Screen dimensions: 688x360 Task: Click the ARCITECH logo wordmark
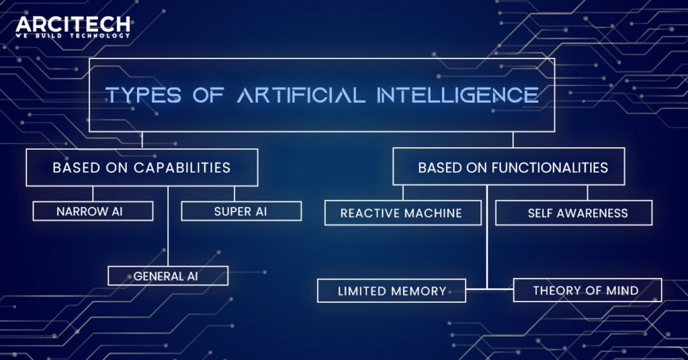tap(73, 25)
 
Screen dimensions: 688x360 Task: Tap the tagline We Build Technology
tap(73, 36)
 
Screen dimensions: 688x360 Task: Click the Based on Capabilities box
tap(142, 167)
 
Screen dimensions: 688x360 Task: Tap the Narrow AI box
tap(93, 212)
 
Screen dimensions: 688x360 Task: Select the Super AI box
tap(241, 212)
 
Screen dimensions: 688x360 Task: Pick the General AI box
tap(168, 276)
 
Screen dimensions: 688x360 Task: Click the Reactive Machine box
tap(402, 214)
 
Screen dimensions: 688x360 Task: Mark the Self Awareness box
tap(574, 214)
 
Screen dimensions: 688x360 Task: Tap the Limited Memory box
tap(392, 291)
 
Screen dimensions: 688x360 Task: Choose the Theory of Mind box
tap(587, 291)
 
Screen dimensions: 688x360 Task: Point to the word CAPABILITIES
tap(182, 167)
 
